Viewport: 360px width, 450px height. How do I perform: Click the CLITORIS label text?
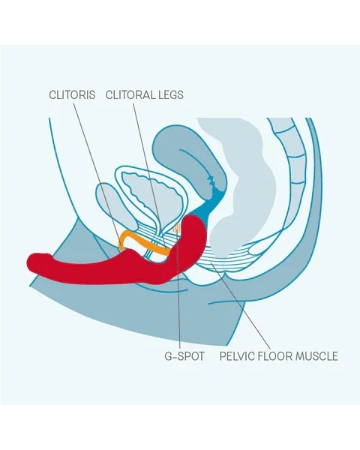pyautogui.click(x=72, y=94)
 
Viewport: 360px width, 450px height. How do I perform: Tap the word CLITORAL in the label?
pyautogui.click(x=129, y=94)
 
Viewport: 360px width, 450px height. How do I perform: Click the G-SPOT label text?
pyautogui.click(x=184, y=356)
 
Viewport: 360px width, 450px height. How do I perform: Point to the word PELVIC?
pyautogui.click(x=236, y=356)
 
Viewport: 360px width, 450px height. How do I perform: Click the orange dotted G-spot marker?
pyautogui.click(x=177, y=229)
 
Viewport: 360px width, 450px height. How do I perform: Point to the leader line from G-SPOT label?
pyautogui.click(x=178, y=288)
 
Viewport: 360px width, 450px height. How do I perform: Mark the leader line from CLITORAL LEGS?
pyautogui.click(x=149, y=175)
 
